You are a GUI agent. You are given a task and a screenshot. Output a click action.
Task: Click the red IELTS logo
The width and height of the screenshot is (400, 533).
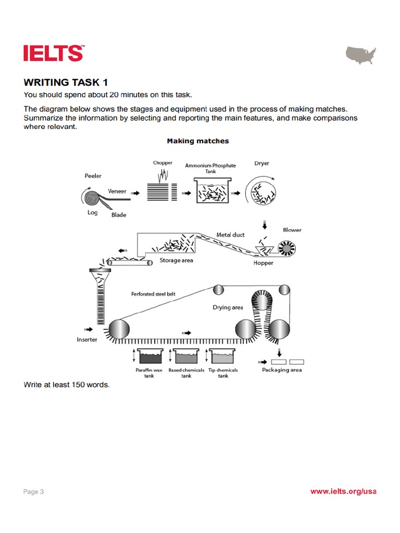(53, 53)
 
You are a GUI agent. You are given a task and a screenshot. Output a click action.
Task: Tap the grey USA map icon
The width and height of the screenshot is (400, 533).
(361, 55)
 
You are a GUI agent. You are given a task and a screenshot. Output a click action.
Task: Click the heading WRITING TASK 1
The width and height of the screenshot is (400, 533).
(66, 82)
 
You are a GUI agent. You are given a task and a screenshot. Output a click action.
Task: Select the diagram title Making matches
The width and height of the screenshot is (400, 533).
(197, 141)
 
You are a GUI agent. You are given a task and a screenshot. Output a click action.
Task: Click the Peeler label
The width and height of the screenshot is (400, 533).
(93, 176)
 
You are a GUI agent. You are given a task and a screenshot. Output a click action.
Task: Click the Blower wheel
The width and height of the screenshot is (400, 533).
(285, 249)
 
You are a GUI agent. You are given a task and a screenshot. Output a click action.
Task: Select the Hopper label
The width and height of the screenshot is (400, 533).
(263, 263)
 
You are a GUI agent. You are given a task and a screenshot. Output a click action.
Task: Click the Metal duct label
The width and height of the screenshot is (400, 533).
(231, 235)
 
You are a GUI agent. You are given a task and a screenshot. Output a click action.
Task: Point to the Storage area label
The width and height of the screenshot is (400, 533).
(176, 260)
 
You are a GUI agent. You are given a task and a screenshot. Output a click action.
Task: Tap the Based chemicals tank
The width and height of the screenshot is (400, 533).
(186, 357)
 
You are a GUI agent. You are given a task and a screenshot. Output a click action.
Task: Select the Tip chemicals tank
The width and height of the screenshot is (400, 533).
(222, 357)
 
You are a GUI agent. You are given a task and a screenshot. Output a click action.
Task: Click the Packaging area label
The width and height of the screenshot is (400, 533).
(281, 370)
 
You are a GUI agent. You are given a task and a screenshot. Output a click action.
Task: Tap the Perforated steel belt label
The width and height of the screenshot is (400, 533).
(153, 294)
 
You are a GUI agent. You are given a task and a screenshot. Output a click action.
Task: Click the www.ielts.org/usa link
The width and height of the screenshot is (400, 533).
(343, 491)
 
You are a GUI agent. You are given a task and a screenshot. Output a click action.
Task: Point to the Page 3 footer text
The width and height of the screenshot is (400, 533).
(34, 491)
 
